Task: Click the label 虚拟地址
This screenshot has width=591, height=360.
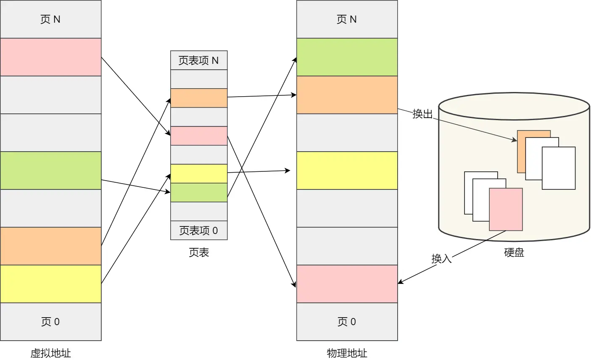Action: [x=50, y=353]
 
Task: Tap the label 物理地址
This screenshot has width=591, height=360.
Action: [x=347, y=353]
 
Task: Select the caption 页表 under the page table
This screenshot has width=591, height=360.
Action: [x=199, y=252]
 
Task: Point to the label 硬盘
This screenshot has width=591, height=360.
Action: [x=514, y=252]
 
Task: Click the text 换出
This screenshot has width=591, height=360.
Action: [x=422, y=114]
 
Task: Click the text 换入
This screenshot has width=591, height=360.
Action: [x=441, y=258]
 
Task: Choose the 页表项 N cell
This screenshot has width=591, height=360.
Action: [x=199, y=60]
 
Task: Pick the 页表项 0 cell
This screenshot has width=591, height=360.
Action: [x=199, y=230]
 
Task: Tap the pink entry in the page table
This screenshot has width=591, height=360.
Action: [x=199, y=136]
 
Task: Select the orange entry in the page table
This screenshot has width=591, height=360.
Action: [x=199, y=98]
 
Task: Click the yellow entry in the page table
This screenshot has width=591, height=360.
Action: [x=199, y=173]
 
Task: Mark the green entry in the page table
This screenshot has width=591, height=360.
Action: [x=199, y=192]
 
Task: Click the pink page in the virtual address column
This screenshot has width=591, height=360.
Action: [x=50, y=57]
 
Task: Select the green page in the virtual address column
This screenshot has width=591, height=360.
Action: [x=50, y=171]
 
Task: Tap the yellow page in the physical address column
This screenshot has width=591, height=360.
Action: [x=347, y=171]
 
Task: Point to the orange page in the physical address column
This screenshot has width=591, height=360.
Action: [x=347, y=95]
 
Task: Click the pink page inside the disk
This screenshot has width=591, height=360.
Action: [x=506, y=209]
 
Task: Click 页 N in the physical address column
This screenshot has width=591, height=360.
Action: [x=347, y=19]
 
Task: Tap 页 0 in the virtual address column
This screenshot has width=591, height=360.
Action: [x=50, y=322]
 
